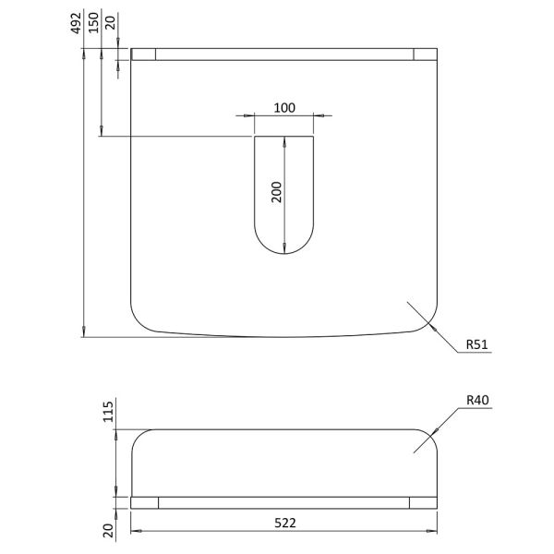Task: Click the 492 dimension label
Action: pyautogui.click(x=76, y=23)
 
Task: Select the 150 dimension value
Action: pyautogui.click(x=93, y=22)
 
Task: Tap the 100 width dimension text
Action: pyautogui.click(x=284, y=108)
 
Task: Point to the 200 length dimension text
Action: pyautogui.click(x=277, y=192)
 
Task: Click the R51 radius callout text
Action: pyautogui.click(x=477, y=344)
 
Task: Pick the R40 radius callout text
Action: pyautogui.click(x=477, y=400)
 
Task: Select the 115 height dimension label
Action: pyautogui.click(x=108, y=412)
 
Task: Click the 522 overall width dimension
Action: pyautogui.click(x=285, y=523)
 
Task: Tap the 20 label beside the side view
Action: pyautogui.click(x=108, y=530)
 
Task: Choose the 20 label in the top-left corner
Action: pyautogui.click(x=111, y=22)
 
